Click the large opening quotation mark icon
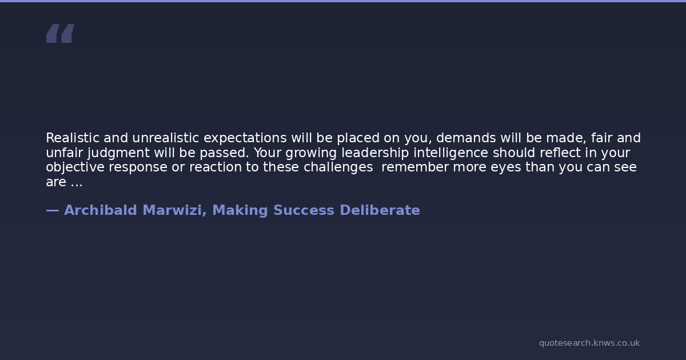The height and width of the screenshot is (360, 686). [x=61, y=33]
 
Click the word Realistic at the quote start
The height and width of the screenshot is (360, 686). [x=73, y=138]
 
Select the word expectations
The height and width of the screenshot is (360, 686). [x=245, y=139]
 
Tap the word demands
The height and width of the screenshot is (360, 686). [x=466, y=138]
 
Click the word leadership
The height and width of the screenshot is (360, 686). [x=375, y=153]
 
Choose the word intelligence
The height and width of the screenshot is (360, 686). [x=450, y=153]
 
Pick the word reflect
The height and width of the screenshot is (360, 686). [x=560, y=153]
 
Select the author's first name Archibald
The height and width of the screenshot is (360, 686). [x=100, y=210]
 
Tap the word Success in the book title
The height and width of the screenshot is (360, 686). [x=304, y=210]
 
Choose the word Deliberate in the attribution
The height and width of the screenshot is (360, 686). [x=380, y=210]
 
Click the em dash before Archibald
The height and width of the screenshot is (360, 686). [x=53, y=211]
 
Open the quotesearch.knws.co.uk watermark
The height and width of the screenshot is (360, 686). [x=589, y=343]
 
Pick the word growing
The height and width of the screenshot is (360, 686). [x=311, y=153]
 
